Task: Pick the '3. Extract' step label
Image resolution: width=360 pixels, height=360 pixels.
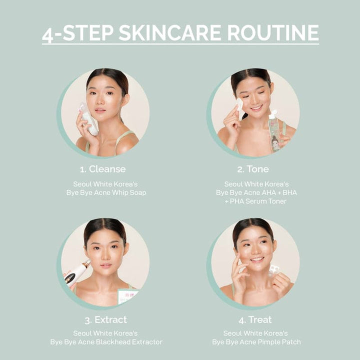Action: (x=105, y=319)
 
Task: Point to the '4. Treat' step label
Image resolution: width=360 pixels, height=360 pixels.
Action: (x=255, y=319)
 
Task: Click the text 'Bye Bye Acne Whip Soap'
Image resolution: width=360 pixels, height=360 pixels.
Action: (x=106, y=192)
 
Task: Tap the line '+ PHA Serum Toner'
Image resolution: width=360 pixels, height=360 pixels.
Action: (x=255, y=201)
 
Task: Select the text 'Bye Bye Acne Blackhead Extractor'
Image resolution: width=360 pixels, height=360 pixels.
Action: (x=106, y=342)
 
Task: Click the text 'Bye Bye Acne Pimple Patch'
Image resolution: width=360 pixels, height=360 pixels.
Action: (x=256, y=342)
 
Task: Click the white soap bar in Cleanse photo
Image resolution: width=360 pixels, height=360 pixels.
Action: (x=88, y=119)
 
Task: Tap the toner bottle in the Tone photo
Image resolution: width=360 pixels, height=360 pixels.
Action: (x=274, y=131)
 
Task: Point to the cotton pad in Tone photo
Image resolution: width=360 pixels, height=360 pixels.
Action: (x=239, y=104)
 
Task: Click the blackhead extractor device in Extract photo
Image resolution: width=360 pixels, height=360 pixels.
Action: (x=76, y=272)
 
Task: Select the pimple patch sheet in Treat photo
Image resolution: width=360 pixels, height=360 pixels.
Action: (x=273, y=270)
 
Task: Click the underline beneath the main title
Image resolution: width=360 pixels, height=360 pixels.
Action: (x=180, y=44)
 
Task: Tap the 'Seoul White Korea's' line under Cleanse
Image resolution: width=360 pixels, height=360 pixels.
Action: (x=106, y=183)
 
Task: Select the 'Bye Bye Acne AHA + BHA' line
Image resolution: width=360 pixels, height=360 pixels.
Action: (x=255, y=192)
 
